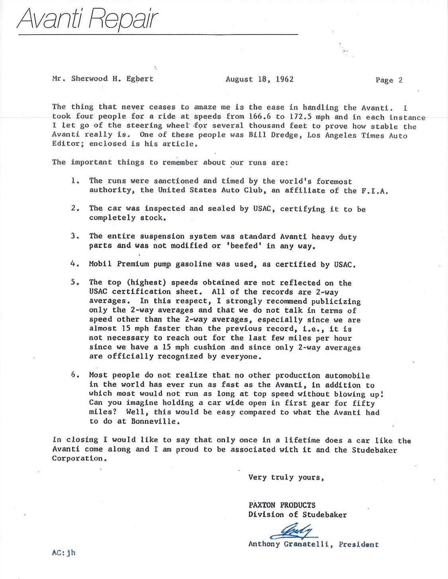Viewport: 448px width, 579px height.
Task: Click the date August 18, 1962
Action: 259,79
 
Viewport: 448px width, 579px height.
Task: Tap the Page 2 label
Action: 389,80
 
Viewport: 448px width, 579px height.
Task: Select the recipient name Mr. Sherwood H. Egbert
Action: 102,79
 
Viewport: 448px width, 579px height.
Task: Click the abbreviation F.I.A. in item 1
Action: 375,190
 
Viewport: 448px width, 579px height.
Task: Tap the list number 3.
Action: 74,236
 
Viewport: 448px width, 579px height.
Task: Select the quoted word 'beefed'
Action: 246,246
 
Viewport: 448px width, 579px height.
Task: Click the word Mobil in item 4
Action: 100,264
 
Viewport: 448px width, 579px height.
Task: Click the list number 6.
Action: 74,375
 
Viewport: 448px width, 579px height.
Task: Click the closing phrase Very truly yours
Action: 286,477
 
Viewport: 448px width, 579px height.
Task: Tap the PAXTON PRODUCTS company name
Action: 282,505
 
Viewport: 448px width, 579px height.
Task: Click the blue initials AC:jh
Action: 63,553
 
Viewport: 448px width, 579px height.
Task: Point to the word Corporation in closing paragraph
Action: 79,458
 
